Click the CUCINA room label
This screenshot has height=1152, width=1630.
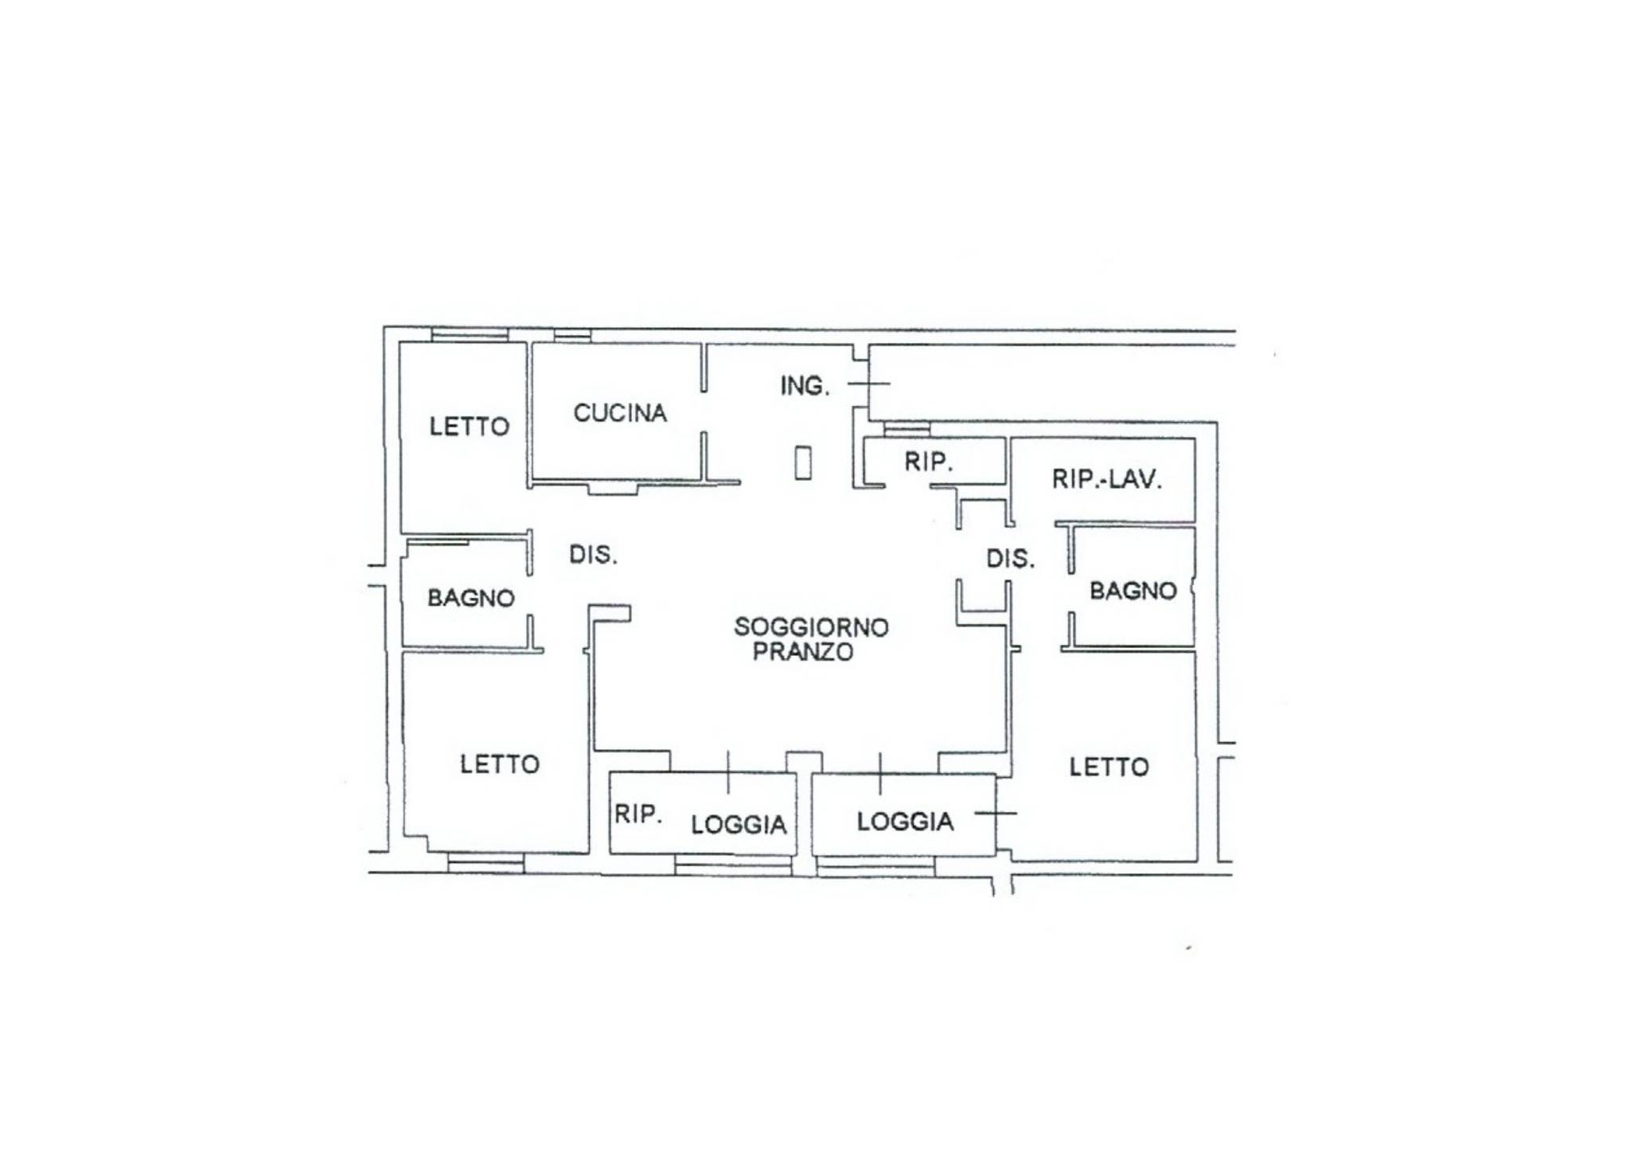click(x=620, y=413)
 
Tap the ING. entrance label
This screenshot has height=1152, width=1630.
click(x=805, y=386)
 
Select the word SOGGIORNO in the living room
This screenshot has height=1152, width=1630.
click(x=811, y=627)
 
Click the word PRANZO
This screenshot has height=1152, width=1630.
click(x=803, y=652)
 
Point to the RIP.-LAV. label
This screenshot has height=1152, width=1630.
click(x=1107, y=479)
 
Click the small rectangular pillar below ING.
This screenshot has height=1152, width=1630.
click(x=803, y=463)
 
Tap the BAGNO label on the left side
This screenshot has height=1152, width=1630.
click(x=471, y=598)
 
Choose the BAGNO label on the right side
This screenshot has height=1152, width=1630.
click(x=1133, y=591)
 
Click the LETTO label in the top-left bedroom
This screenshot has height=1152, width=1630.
click(x=470, y=427)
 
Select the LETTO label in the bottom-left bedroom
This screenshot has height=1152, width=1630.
click(x=500, y=764)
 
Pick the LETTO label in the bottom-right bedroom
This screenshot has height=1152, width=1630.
click(x=1109, y=767)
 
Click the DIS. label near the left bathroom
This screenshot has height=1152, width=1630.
click(x=593, y=555)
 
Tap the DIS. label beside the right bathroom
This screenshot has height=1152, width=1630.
click(x=1011, y=559)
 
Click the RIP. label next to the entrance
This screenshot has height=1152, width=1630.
click(x=929, y=462)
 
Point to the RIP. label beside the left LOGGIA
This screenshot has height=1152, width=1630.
click(x=638, y=814)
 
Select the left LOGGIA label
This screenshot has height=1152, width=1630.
click(x=739, y=825)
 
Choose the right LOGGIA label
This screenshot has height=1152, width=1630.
click(x=905, y=822)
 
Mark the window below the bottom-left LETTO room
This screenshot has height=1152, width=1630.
click(x=485, y=863)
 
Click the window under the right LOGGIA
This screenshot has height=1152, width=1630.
click(x=875, y=865)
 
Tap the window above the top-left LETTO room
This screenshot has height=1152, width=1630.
click(x=470, y=334)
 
